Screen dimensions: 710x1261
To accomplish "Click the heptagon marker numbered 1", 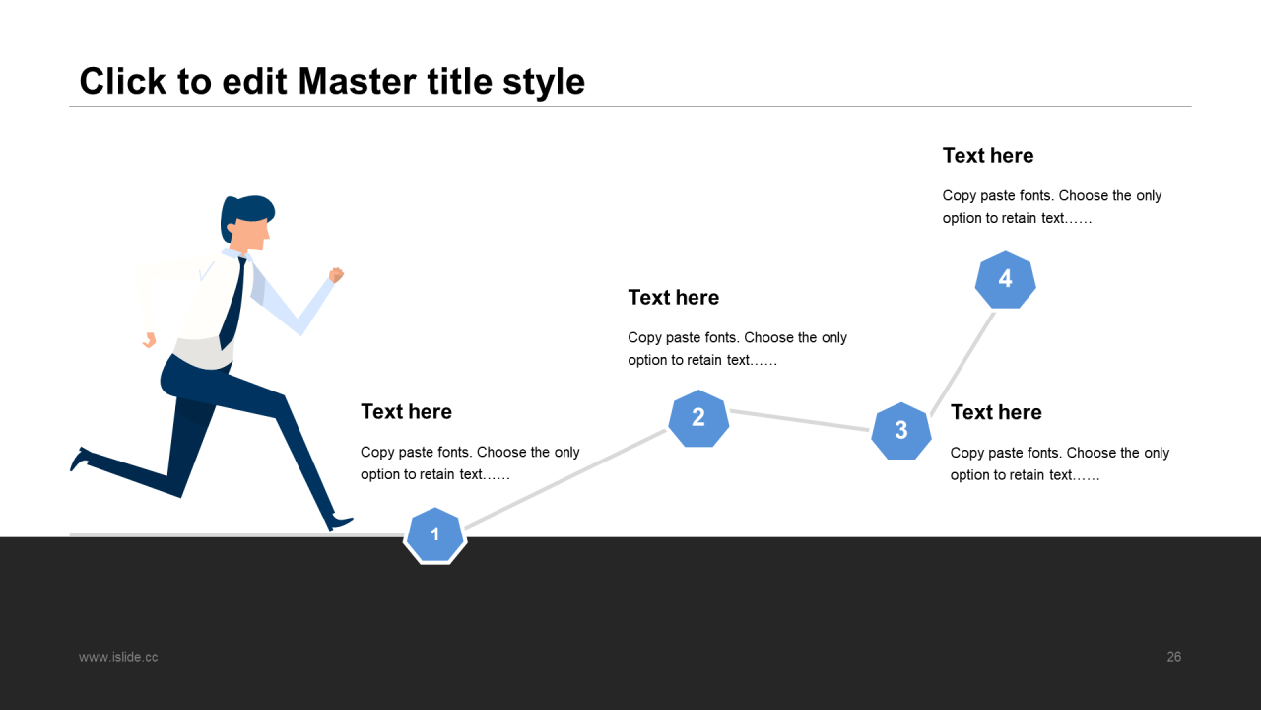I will (x=434, y=535).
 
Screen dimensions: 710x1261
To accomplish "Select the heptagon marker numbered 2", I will (x=698, y=418).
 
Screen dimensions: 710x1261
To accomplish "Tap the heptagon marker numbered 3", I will (x=900, y=431).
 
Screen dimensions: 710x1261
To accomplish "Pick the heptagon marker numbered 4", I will (x=1005, y=279).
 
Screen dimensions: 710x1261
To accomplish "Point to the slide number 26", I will (x=1173, y=657).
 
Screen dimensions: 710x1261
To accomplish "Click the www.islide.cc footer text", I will (x=118, y=657).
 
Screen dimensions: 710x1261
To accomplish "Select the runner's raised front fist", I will (x=336, y=275).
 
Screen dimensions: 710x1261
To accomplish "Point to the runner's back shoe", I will (x=80, y=459).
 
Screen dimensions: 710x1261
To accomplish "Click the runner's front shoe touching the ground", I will (x=340, y=522).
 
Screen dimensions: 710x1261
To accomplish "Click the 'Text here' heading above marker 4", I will (x=987, y=156).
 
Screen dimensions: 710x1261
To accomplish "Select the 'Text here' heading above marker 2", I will (x=673, y=298).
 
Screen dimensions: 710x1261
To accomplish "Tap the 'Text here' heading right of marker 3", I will (x=995, y=412).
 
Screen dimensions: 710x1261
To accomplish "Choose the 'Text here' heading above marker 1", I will (x=406, y=412).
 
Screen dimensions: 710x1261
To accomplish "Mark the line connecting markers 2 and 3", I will (x=799, y=420).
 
